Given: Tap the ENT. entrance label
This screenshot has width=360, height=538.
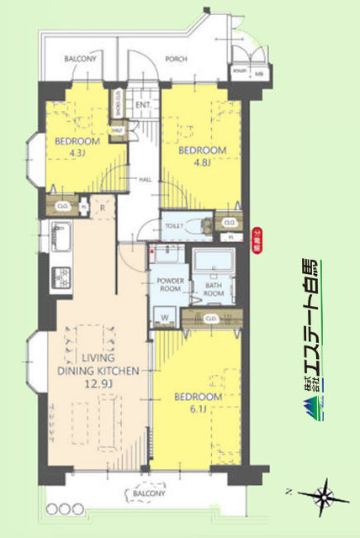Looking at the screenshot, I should click(142, 105).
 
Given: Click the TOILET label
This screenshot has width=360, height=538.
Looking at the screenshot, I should click(174, 226).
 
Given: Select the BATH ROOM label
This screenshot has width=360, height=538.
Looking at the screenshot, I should click(214, 289).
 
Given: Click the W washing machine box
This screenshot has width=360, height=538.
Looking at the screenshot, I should click(165, 318).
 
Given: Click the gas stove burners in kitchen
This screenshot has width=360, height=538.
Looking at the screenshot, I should click(61, 275).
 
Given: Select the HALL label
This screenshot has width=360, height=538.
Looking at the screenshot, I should click(145, 179).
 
